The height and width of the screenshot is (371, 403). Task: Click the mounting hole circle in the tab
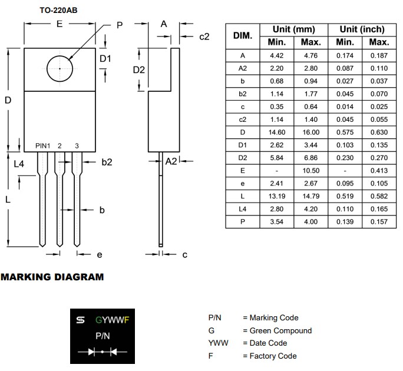60,68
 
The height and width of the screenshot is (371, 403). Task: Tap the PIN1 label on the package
43,145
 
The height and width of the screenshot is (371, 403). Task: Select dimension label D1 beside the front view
105,59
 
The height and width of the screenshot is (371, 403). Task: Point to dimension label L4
19,164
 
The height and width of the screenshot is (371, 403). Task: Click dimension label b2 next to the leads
106,162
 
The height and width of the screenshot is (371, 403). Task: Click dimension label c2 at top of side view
204,37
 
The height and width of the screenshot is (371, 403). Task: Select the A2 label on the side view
171,161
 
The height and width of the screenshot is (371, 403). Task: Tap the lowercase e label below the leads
100,254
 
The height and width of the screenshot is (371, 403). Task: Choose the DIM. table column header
243,35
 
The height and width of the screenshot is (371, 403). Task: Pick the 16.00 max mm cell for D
310,132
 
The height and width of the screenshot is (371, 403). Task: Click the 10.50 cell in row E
310,171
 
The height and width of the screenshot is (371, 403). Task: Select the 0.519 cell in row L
345,196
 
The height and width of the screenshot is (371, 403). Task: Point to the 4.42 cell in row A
277,56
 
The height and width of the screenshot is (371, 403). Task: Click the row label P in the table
243,222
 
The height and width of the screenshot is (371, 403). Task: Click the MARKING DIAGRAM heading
52,277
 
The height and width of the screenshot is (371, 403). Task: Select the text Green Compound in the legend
280,330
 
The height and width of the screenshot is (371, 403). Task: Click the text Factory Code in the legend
273,356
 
